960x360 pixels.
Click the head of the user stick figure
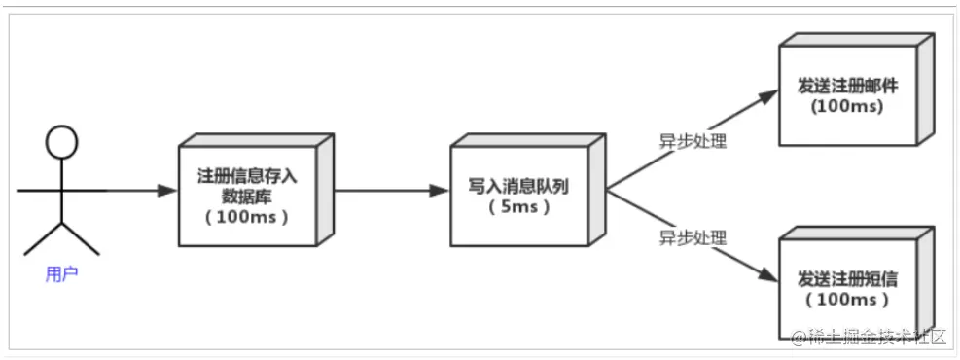[x=61, y=143]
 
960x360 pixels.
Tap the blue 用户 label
[x=61, y=274]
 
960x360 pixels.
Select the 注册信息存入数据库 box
[x=251, y=194]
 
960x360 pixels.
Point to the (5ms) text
[x=517, y=207]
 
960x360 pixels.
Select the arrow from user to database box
[x=136, y=191]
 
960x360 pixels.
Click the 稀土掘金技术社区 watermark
[x=869, y=338]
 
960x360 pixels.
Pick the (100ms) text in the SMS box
[x=846, y=299]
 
